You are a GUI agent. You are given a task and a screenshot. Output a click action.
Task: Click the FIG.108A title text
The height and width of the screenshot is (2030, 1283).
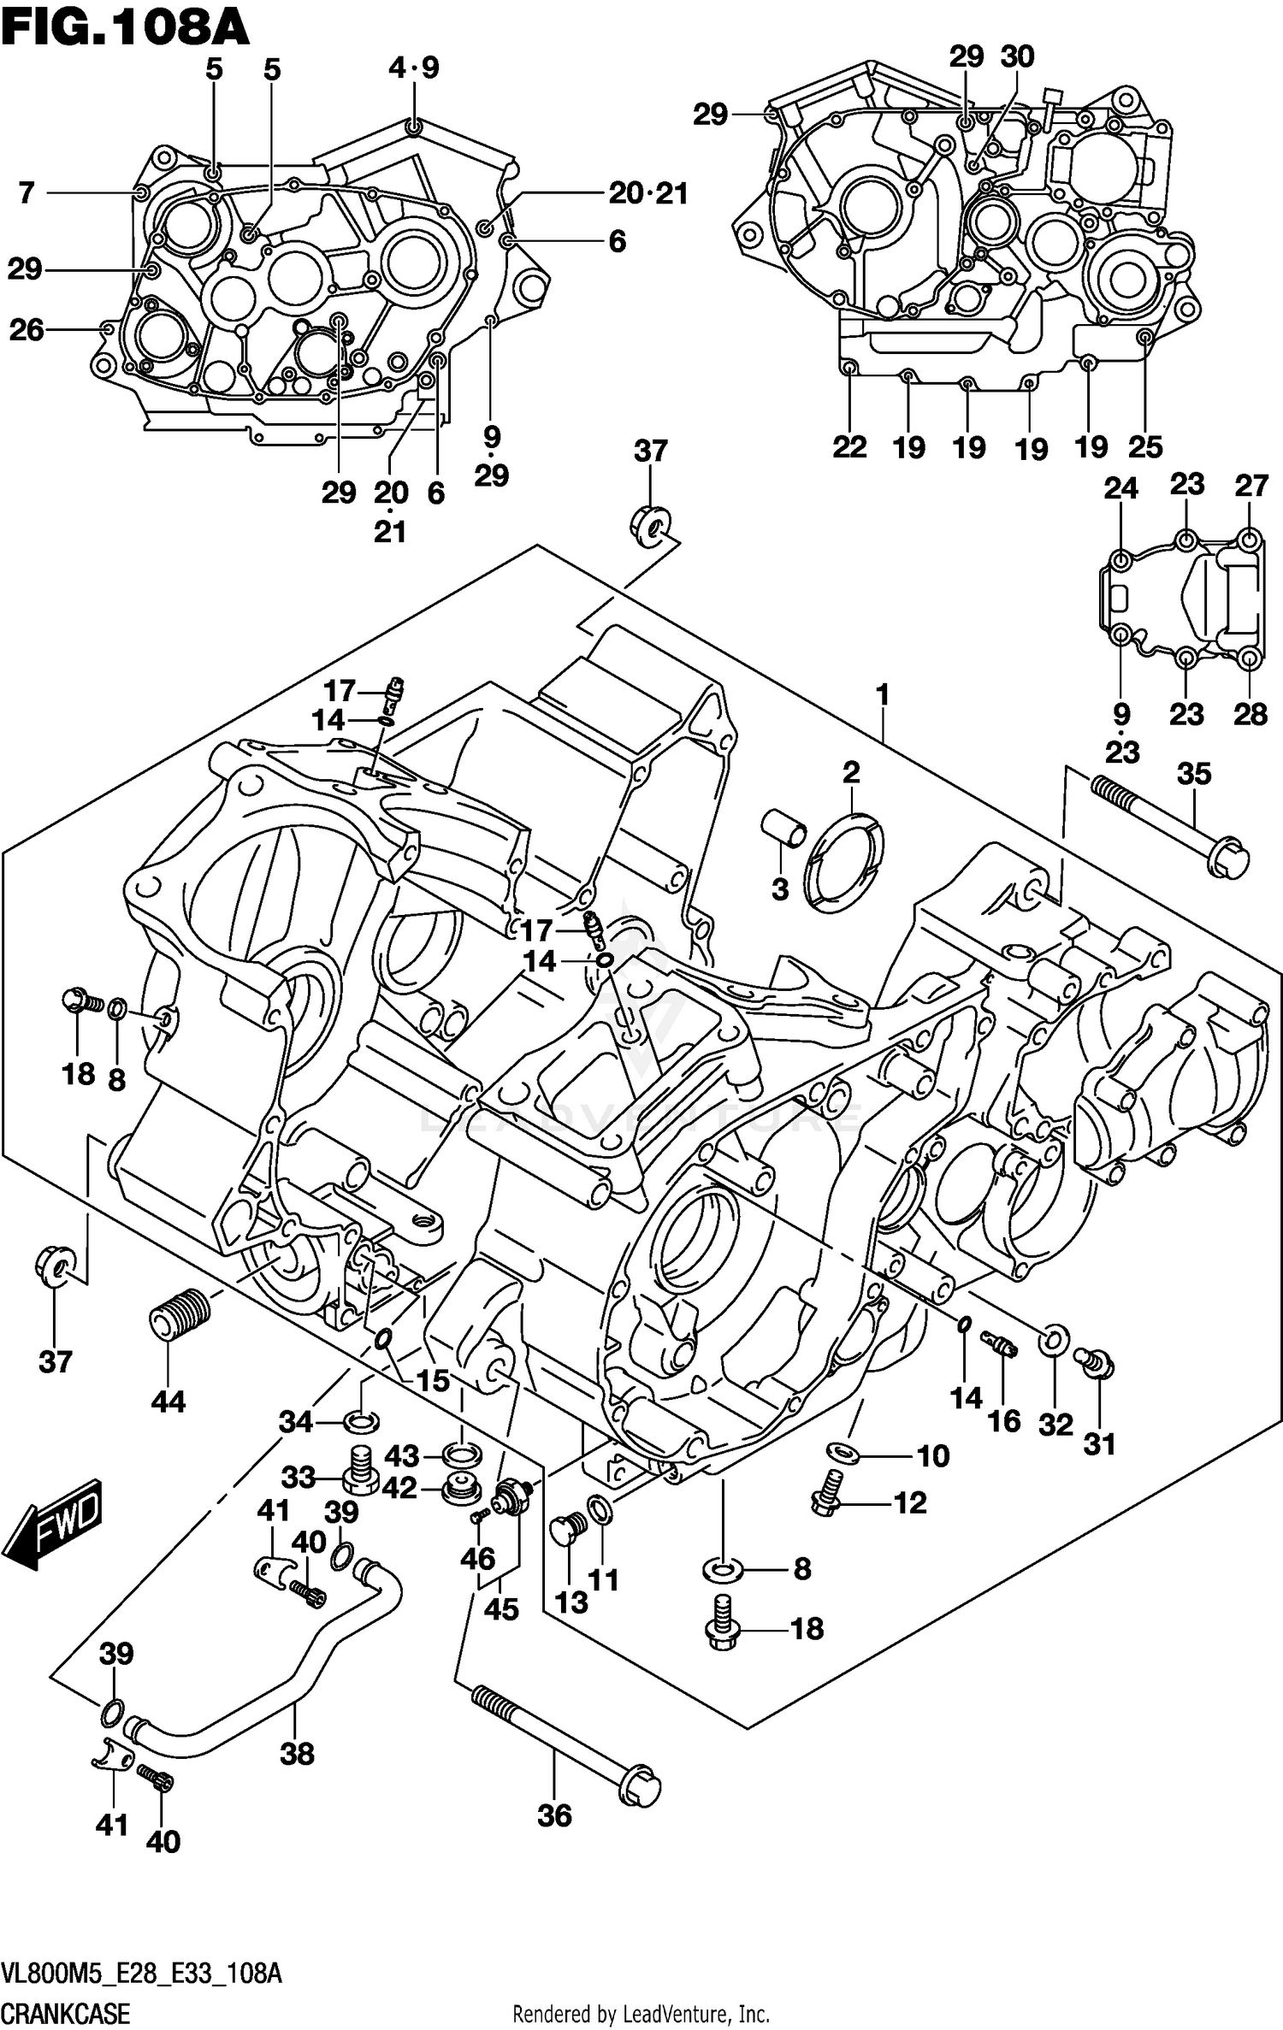(x=125, y=27)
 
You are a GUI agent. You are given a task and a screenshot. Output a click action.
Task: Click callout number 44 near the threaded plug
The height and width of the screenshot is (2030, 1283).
(x=168, y=1402)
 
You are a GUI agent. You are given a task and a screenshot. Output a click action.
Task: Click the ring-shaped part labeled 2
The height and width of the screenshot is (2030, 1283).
(x=846, y=864)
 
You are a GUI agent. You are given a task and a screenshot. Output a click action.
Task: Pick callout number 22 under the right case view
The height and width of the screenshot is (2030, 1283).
(x=849, y=446)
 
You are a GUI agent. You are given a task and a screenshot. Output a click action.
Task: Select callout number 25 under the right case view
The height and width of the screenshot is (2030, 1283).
(x=1145, y=446)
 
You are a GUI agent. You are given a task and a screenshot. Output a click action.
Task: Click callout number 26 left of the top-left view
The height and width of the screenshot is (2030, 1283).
(x=27, y=329)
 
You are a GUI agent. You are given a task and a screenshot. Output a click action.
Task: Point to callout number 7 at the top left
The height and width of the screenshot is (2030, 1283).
(x=27, y=193)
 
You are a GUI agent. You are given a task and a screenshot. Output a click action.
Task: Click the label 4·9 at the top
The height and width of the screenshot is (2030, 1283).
(x=414, y=68)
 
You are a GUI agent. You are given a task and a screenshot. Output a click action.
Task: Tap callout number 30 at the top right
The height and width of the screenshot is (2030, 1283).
(x=1018, y=56)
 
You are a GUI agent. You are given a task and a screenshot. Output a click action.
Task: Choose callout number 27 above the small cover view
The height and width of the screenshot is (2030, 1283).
(x=1250, y=486)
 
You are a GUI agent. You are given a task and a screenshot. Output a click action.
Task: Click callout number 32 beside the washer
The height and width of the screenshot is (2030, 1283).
(x=1055, y=1425)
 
